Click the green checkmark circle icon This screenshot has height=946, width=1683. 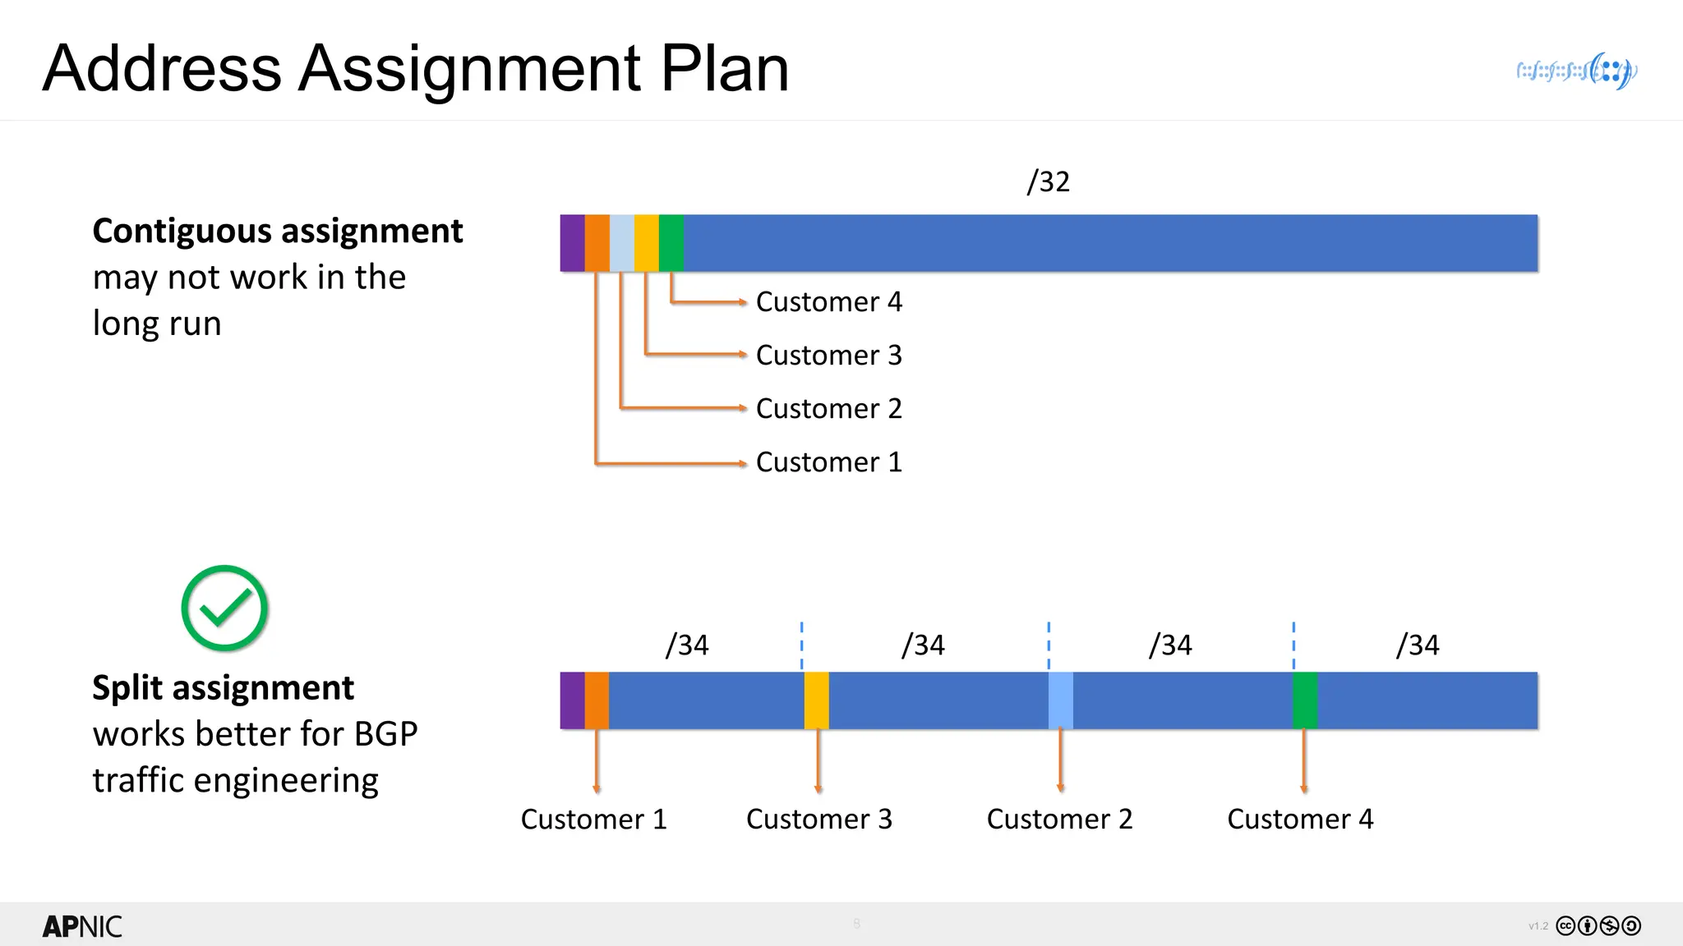click(224, 608)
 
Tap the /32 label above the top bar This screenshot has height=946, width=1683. click(1049, 181)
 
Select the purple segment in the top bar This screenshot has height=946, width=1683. click(572, 243)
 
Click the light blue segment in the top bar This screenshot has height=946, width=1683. click(622, 243)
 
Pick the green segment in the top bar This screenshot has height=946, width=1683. click(671, 243)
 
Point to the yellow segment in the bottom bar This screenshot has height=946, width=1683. click(817, 700)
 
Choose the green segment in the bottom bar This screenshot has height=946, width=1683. click(1305, 700)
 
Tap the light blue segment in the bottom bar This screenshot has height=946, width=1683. click(1061, 700)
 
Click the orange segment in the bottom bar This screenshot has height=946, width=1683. click(597, 700)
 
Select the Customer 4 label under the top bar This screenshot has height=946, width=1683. click(828, 302)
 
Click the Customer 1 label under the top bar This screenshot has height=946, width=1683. click(828, 462)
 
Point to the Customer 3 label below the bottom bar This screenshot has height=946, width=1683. click(819, 819)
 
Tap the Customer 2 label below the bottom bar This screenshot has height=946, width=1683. click(1059, 819)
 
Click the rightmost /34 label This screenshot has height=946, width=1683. click(1418, 645)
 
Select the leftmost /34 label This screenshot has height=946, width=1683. click(687, 645)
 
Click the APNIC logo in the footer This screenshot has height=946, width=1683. click(82, 927)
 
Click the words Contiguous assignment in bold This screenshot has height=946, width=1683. click(278, 231)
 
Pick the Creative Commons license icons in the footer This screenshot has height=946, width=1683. click(1598, 926)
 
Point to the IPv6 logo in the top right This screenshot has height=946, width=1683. click(1577, 71)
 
